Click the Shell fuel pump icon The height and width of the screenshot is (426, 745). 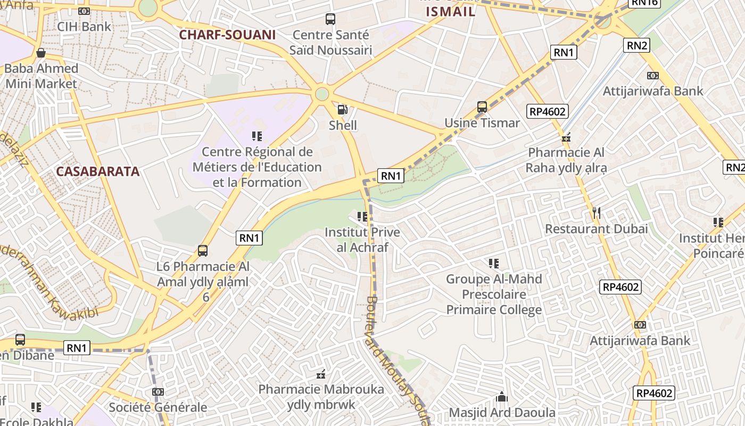[x=343, y=110]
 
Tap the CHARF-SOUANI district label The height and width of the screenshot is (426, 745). [x=227, y=35]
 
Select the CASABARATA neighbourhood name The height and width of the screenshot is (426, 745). [x=98, y=171]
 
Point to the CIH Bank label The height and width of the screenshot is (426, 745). [x=84, y=27]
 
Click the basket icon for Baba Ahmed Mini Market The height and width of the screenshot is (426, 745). [x=40, y=53]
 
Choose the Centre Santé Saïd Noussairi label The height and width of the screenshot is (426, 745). [x=330, y=43]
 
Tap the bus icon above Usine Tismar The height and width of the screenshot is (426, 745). [x=482, y=107]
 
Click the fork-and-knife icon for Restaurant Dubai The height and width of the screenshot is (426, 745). [x=597, y=214]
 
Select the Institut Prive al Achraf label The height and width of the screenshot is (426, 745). [x=362, y=240]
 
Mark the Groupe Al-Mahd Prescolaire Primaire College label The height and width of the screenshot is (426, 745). [x=494, y=294]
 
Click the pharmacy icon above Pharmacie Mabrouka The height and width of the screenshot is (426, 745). [x=321, y=375]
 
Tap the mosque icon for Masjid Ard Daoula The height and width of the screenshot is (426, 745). [x=501, y=397]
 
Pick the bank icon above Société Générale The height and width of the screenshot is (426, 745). [x=158, y=392]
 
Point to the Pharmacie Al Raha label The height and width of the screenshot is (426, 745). [x=566, y=160]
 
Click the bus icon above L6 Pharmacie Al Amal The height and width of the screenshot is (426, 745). [x=202, y=251]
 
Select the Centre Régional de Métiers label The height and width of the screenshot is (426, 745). [x=257, y=167]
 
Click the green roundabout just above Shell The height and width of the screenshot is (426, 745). [x=321, y=94]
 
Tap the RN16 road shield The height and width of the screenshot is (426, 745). [x=644, y=3]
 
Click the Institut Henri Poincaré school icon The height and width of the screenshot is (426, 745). [x=718, y=223]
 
